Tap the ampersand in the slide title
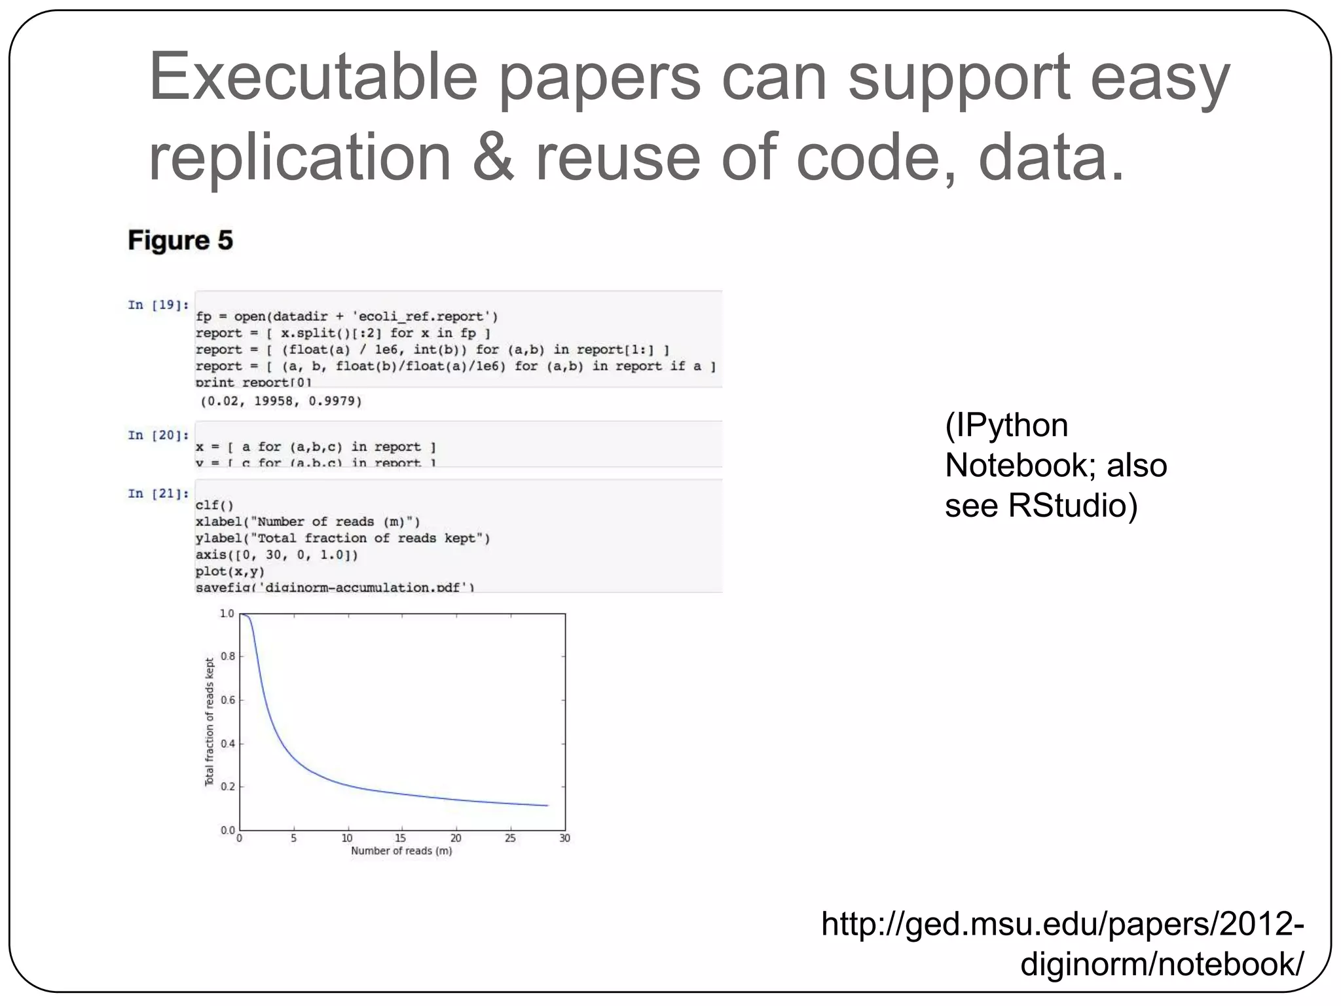click(x=493, y=157)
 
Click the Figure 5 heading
click(x=180, y=240)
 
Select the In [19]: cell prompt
click(x=158, y=305)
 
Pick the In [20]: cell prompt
click(x=158, y=435)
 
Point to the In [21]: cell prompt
click(x=158, y=493)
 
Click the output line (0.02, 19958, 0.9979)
click(x=281, y=400)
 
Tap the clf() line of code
click(x=214, y=505)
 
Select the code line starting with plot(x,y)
click(x=230, y=571)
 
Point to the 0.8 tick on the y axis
click(x=227, y=656)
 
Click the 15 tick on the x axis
click(x=401, y=838)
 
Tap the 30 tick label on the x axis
click(x=564, y=838)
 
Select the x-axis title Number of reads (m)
click(x=401, y=851)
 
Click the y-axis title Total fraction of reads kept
click(x=210, y=722)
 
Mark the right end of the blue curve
click(x=547, y=805)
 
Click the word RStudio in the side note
click(x=1073, y=505)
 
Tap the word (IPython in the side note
click(x=1006, y=425)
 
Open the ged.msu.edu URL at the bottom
click(x=1062, y=943)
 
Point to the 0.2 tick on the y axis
click(x=227, y=787)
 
